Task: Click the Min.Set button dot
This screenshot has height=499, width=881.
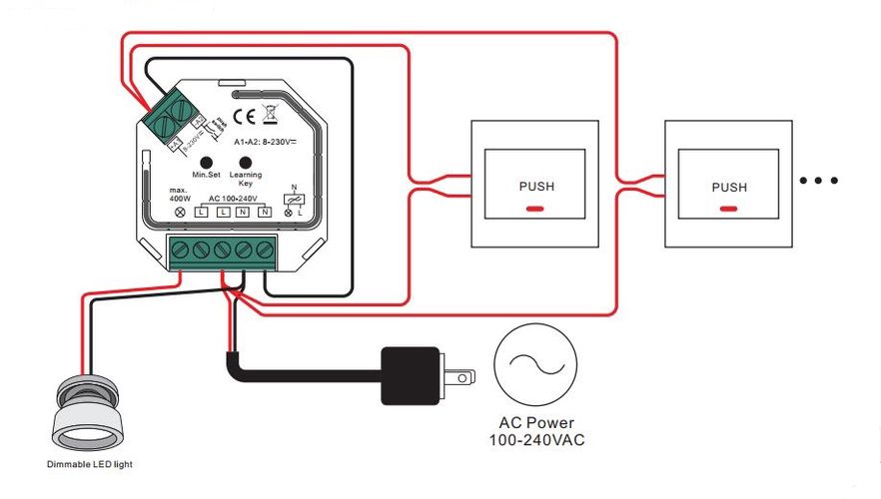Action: (x=206, y=162)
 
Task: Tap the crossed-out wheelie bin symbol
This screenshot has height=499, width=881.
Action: (x=269, y=114)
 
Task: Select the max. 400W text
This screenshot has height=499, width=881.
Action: (x=180, y=194)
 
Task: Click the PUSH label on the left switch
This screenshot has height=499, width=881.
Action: (x=535, y=186)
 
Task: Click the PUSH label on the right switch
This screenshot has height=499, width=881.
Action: (x=729, y=187)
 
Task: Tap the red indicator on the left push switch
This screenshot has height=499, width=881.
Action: (x=535, y=210)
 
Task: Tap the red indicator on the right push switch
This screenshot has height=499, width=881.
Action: (x=729, y=210)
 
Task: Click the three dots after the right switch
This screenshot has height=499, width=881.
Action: (x=819, y=181)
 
